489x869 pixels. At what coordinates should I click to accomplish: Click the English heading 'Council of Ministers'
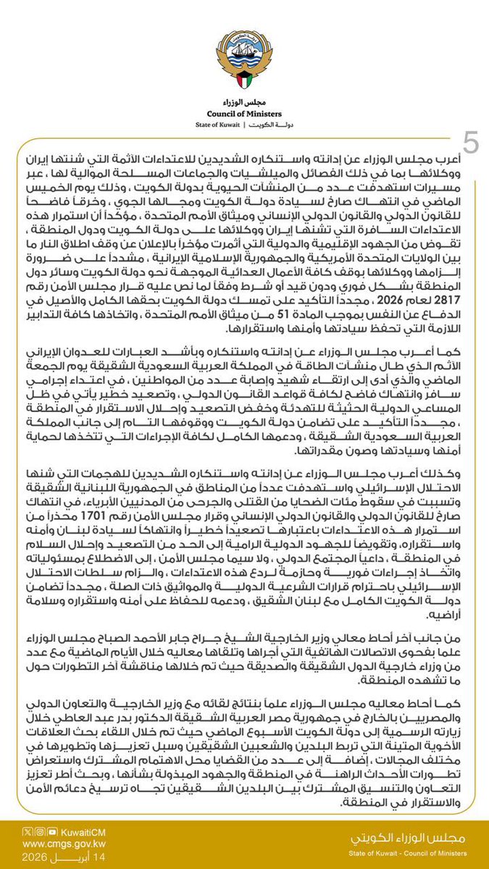pyautogui.click(x=244, y=112)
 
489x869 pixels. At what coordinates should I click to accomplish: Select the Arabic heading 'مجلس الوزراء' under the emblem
pyautogui.click(x=244, y=101)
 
